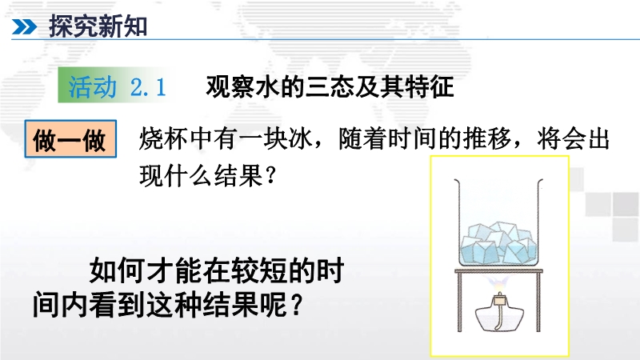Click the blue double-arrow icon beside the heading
tap(25, 27)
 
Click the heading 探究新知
tap(98, 26)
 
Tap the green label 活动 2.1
tap(117, 86)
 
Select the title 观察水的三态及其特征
tap(330, 86)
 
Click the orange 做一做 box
tap(70, 138)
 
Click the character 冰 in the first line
tap(301, 138)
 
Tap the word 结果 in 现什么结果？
tap(238, 176)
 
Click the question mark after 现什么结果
tap(270, 176)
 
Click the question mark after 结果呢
tap(297, 305)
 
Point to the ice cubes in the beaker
tap(498, 243)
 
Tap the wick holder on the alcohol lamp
tap(498, 300)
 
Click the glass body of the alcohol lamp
tap(499, 318)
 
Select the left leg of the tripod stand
tap(459, 302)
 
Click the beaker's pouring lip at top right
tap(539, 182)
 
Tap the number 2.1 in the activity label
tap(148, 86)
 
